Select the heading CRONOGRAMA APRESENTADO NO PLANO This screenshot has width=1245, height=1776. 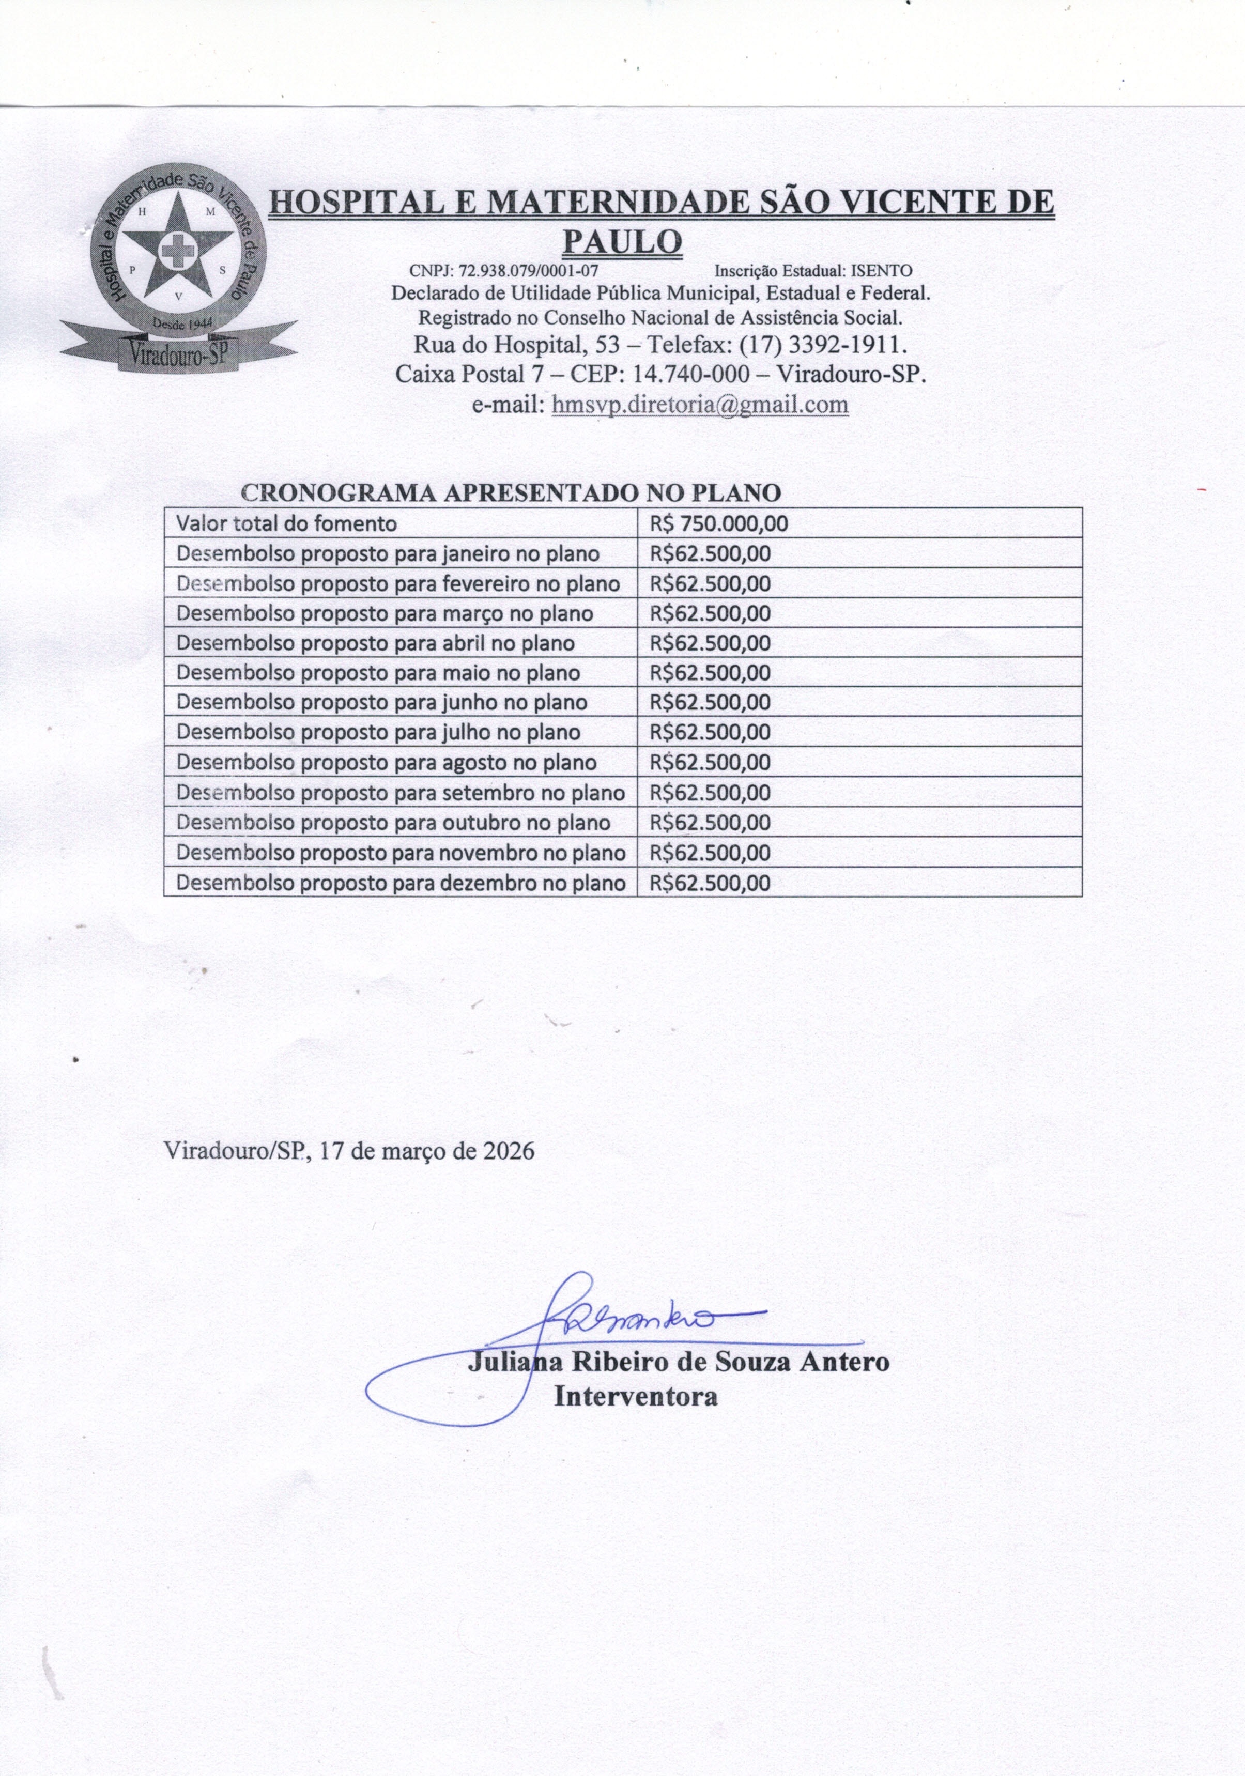(511, 493)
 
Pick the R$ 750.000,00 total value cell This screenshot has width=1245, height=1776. (719, 523)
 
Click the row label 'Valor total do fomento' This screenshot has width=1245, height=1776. (286, 523)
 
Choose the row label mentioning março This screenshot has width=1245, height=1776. (385, 613)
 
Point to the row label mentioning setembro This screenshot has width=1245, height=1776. (400, 793)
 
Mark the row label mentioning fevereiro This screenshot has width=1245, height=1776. (398, 584)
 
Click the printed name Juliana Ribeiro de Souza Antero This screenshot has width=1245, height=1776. (678, 1362)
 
